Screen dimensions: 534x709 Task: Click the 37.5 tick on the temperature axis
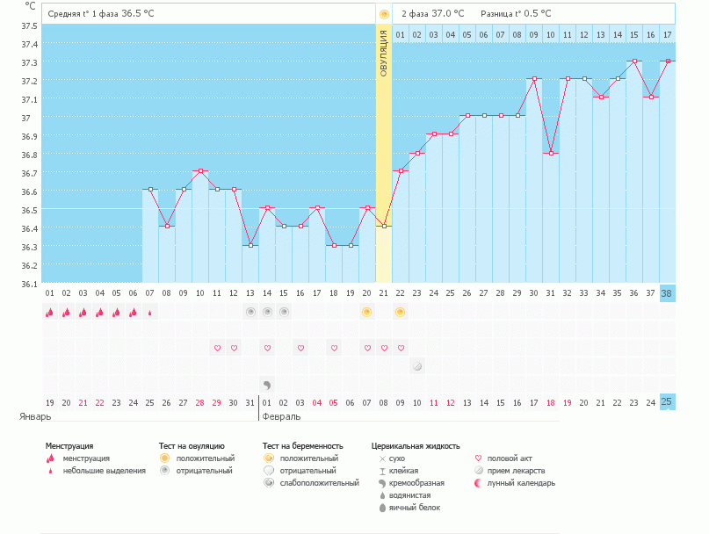30,25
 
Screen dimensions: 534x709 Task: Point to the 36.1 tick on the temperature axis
30,284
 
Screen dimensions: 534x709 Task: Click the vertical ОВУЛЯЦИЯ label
384,53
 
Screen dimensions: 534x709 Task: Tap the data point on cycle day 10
200,171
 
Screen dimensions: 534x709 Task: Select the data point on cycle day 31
551,153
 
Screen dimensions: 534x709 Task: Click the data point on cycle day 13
250,245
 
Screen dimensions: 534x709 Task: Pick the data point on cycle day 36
633,61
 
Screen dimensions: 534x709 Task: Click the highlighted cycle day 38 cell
667,293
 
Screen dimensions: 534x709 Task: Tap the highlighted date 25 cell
667,402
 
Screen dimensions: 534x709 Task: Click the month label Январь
36,416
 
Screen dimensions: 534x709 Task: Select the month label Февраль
281,416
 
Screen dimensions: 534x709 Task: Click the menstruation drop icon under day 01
50,312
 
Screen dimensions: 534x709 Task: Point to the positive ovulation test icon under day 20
367,312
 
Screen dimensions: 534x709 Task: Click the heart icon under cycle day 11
217,348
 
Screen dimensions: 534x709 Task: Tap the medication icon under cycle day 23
417,366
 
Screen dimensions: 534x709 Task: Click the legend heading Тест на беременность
302,446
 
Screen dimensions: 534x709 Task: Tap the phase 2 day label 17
667,35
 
